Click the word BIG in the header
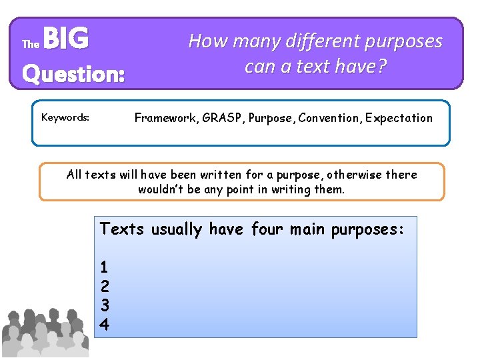pyautogui.click(x=68, y=39)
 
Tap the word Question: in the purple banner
pyautogui.click(x=73, y=73)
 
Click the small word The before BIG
pyautogui.click(x=31, y=45)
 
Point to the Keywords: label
pyautogui.click(x=65, y=117)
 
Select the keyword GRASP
pyautogui.click(x=224, y=118)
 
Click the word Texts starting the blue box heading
pyautogui.click(x=123, y=229)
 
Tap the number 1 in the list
pyautogui.click(x=104, y=267)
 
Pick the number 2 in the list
pyautogui.click(x=104, y=287)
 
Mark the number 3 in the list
pyautogui.click(x=104, y=306)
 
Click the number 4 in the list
pyautogui.click(x=104, y=325)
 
